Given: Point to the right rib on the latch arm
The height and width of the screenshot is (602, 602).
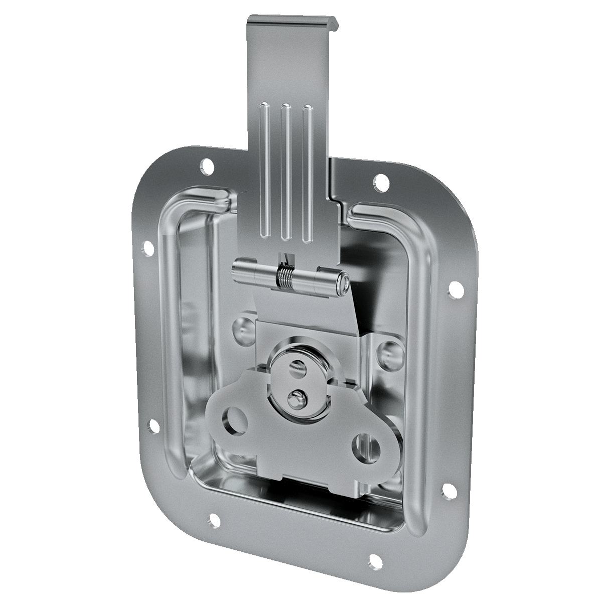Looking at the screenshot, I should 307,171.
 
